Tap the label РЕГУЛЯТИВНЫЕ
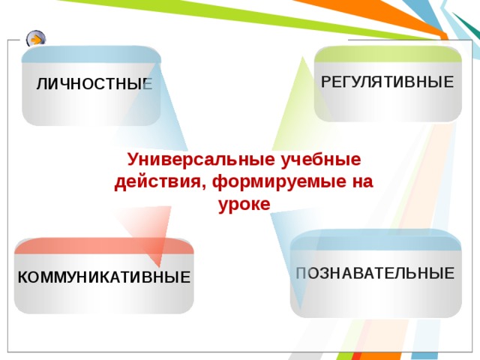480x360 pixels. (387, 82)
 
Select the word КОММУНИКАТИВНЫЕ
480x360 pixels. (103, 277)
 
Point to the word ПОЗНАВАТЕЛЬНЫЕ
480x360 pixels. (375, 273)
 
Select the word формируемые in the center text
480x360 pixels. (265, 182)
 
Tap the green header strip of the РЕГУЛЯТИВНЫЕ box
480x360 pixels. (388, 55)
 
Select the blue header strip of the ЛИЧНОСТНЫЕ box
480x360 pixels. (91, 55)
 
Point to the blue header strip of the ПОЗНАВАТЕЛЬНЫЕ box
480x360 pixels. (375, 239)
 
